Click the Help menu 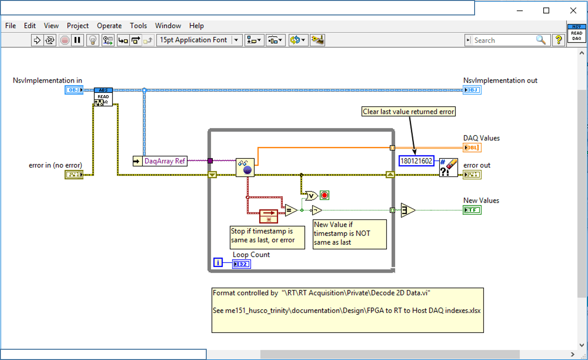click(196, 26)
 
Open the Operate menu click(109, 26)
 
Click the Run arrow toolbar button click(37, 40)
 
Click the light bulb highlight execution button click(93, 40)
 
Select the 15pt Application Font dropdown click(199, 40)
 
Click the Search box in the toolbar click(504, 40)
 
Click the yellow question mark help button click(558, 40)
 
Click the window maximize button click(546, 10)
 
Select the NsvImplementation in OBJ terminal click(74, 90)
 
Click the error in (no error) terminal click(74, 175)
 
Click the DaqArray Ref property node click(160, 161)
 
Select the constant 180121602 click(416, 161)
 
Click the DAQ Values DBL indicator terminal click(472, 148)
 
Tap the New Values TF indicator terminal click(472, 210)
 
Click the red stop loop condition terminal click(324, 195)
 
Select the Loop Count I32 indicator click(241, 264)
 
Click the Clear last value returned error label click(408, 112)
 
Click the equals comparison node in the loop click(291, 210)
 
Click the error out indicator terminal click(472, 175)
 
